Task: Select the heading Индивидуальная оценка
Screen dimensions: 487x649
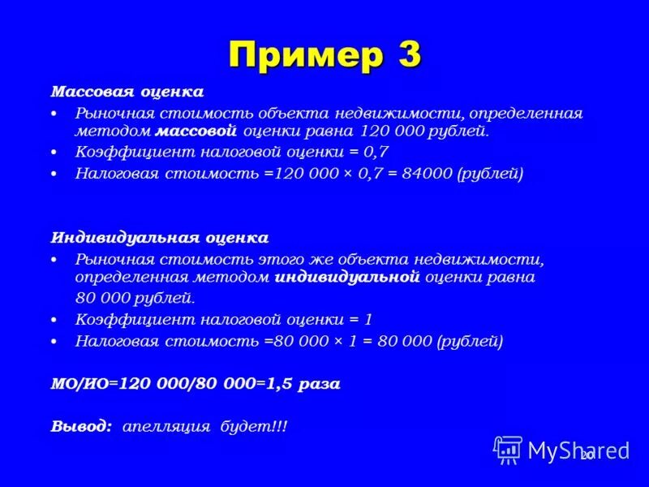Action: [160, 238]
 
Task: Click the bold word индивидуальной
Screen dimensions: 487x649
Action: [347, 277]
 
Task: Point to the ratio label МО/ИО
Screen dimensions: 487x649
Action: [80, 384]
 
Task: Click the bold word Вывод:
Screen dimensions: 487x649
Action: [82, 426]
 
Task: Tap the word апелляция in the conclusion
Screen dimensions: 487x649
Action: [167, 426]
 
